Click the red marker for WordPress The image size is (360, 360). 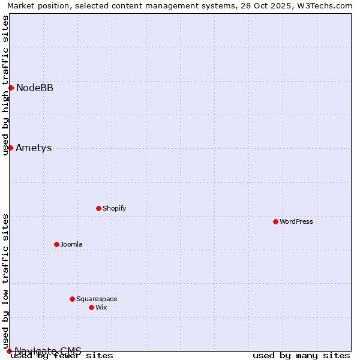tap(275, 221)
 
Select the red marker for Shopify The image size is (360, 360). tap(98, 208)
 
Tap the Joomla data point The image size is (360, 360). tap(56, 244)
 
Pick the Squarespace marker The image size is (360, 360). tap(72, 299)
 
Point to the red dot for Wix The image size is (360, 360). tap(91, 307)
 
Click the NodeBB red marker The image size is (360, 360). tap(11, 88)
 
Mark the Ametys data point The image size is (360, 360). tap(10, 148)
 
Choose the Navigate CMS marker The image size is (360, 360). tap(9, 351)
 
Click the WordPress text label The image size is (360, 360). tap(296, 221)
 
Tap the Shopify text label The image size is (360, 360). tap(114, 208)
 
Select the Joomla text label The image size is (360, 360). tap(71, 244)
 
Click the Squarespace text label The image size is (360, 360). tap(97, 299)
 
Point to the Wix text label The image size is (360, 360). tap(101, 307)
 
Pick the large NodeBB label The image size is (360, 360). tap(35, 88)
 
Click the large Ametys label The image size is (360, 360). tap(34, 148)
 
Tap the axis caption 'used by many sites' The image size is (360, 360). tap(301, 355)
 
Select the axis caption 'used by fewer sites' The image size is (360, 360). tap(62, 355)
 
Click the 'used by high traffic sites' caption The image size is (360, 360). tap(6, 85)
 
